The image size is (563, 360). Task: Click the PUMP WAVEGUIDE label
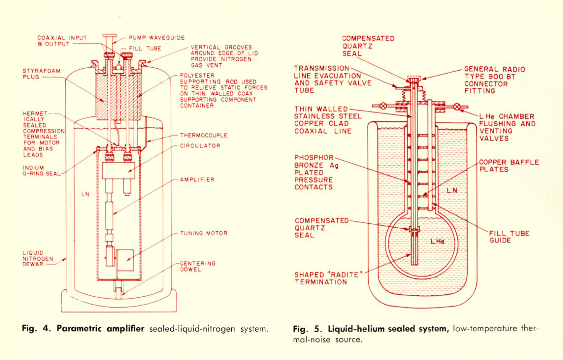157,38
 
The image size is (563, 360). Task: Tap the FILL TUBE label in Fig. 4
145,48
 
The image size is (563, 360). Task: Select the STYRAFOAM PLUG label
41,74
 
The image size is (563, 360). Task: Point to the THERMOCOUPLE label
204,135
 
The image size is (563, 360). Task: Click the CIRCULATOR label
200,146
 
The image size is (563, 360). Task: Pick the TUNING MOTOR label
204,233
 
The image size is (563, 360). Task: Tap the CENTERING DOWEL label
197,266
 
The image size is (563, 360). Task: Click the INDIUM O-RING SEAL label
41,171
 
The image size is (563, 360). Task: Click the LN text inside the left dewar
85,194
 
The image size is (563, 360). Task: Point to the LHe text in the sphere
437,242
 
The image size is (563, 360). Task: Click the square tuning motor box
125,260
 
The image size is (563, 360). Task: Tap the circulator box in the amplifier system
118,170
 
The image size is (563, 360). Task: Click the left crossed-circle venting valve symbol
383,106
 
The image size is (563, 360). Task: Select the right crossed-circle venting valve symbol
457,107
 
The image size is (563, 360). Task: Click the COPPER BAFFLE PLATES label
509,166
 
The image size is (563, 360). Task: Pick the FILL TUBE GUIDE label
509,237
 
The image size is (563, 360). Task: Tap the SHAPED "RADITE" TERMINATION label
328,279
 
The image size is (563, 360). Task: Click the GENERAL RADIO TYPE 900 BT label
494,80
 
